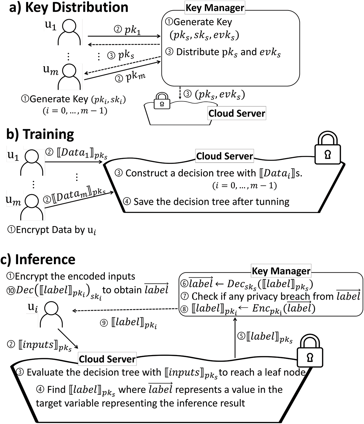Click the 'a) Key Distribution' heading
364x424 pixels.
point(69,7)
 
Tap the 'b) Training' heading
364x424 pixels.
point(40,134)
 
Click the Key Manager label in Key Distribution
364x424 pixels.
point(215,8)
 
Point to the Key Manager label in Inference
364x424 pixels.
point(281,271)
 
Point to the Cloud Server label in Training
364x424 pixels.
point(224,156)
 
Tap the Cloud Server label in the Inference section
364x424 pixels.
point(107,359)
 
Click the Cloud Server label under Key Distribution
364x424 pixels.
point(237,113)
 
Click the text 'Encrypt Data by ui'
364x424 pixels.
point(52,230)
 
